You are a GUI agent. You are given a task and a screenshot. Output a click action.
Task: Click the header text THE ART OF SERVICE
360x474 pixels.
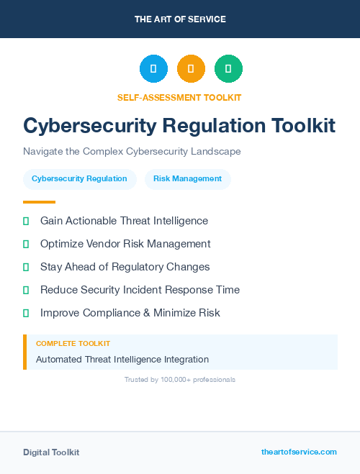coord(180,19)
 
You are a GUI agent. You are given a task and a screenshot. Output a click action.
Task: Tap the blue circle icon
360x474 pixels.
coord(153,69)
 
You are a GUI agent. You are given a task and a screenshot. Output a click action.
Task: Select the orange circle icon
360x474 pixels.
coord(191,69)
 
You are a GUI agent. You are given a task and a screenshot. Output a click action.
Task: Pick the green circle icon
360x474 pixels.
coord(228,69)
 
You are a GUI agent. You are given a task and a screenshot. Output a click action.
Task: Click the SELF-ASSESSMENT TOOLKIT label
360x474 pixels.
coord(179,97)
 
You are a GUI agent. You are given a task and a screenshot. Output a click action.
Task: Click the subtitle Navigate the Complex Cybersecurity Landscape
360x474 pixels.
coord(132,152)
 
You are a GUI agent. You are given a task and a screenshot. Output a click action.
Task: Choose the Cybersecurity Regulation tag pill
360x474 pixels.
coord(79,178)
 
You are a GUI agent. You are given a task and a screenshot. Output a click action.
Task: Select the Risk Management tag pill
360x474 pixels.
coord(187,178)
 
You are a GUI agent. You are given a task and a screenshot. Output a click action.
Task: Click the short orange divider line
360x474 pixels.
coord(39,202)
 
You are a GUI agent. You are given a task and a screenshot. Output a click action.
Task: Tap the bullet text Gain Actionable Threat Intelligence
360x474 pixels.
coord(124,221)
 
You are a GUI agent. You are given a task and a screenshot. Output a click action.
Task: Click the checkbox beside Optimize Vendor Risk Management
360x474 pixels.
coord(26,244)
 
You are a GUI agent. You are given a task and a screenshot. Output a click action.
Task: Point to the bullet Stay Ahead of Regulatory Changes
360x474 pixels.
coord(125,267)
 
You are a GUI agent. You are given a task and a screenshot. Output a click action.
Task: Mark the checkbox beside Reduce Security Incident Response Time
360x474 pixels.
coord(26,290)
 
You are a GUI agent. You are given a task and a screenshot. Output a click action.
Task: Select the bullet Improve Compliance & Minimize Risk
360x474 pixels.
coord(130,313)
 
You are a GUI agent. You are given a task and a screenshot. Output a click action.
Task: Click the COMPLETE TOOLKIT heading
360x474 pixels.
coord(73,344)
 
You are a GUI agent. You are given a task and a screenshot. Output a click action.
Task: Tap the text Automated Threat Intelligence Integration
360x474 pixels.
coord(122,359)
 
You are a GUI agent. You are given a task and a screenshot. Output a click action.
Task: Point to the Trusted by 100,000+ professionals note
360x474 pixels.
coord(180,379)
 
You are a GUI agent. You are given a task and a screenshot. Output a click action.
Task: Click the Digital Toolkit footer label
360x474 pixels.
coord(51,452)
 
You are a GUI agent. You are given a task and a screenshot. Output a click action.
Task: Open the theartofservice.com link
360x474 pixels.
coord(299,452)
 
